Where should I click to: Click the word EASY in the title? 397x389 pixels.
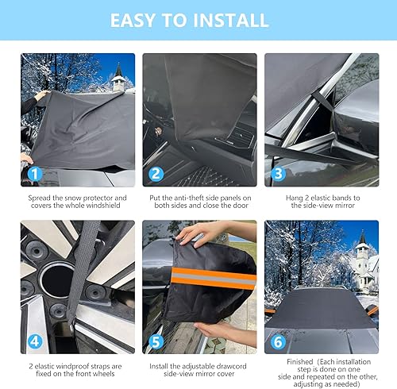(140, 20)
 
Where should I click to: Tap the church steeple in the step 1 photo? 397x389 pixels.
(118, 75)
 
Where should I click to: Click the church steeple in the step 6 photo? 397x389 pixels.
(362, 246)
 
